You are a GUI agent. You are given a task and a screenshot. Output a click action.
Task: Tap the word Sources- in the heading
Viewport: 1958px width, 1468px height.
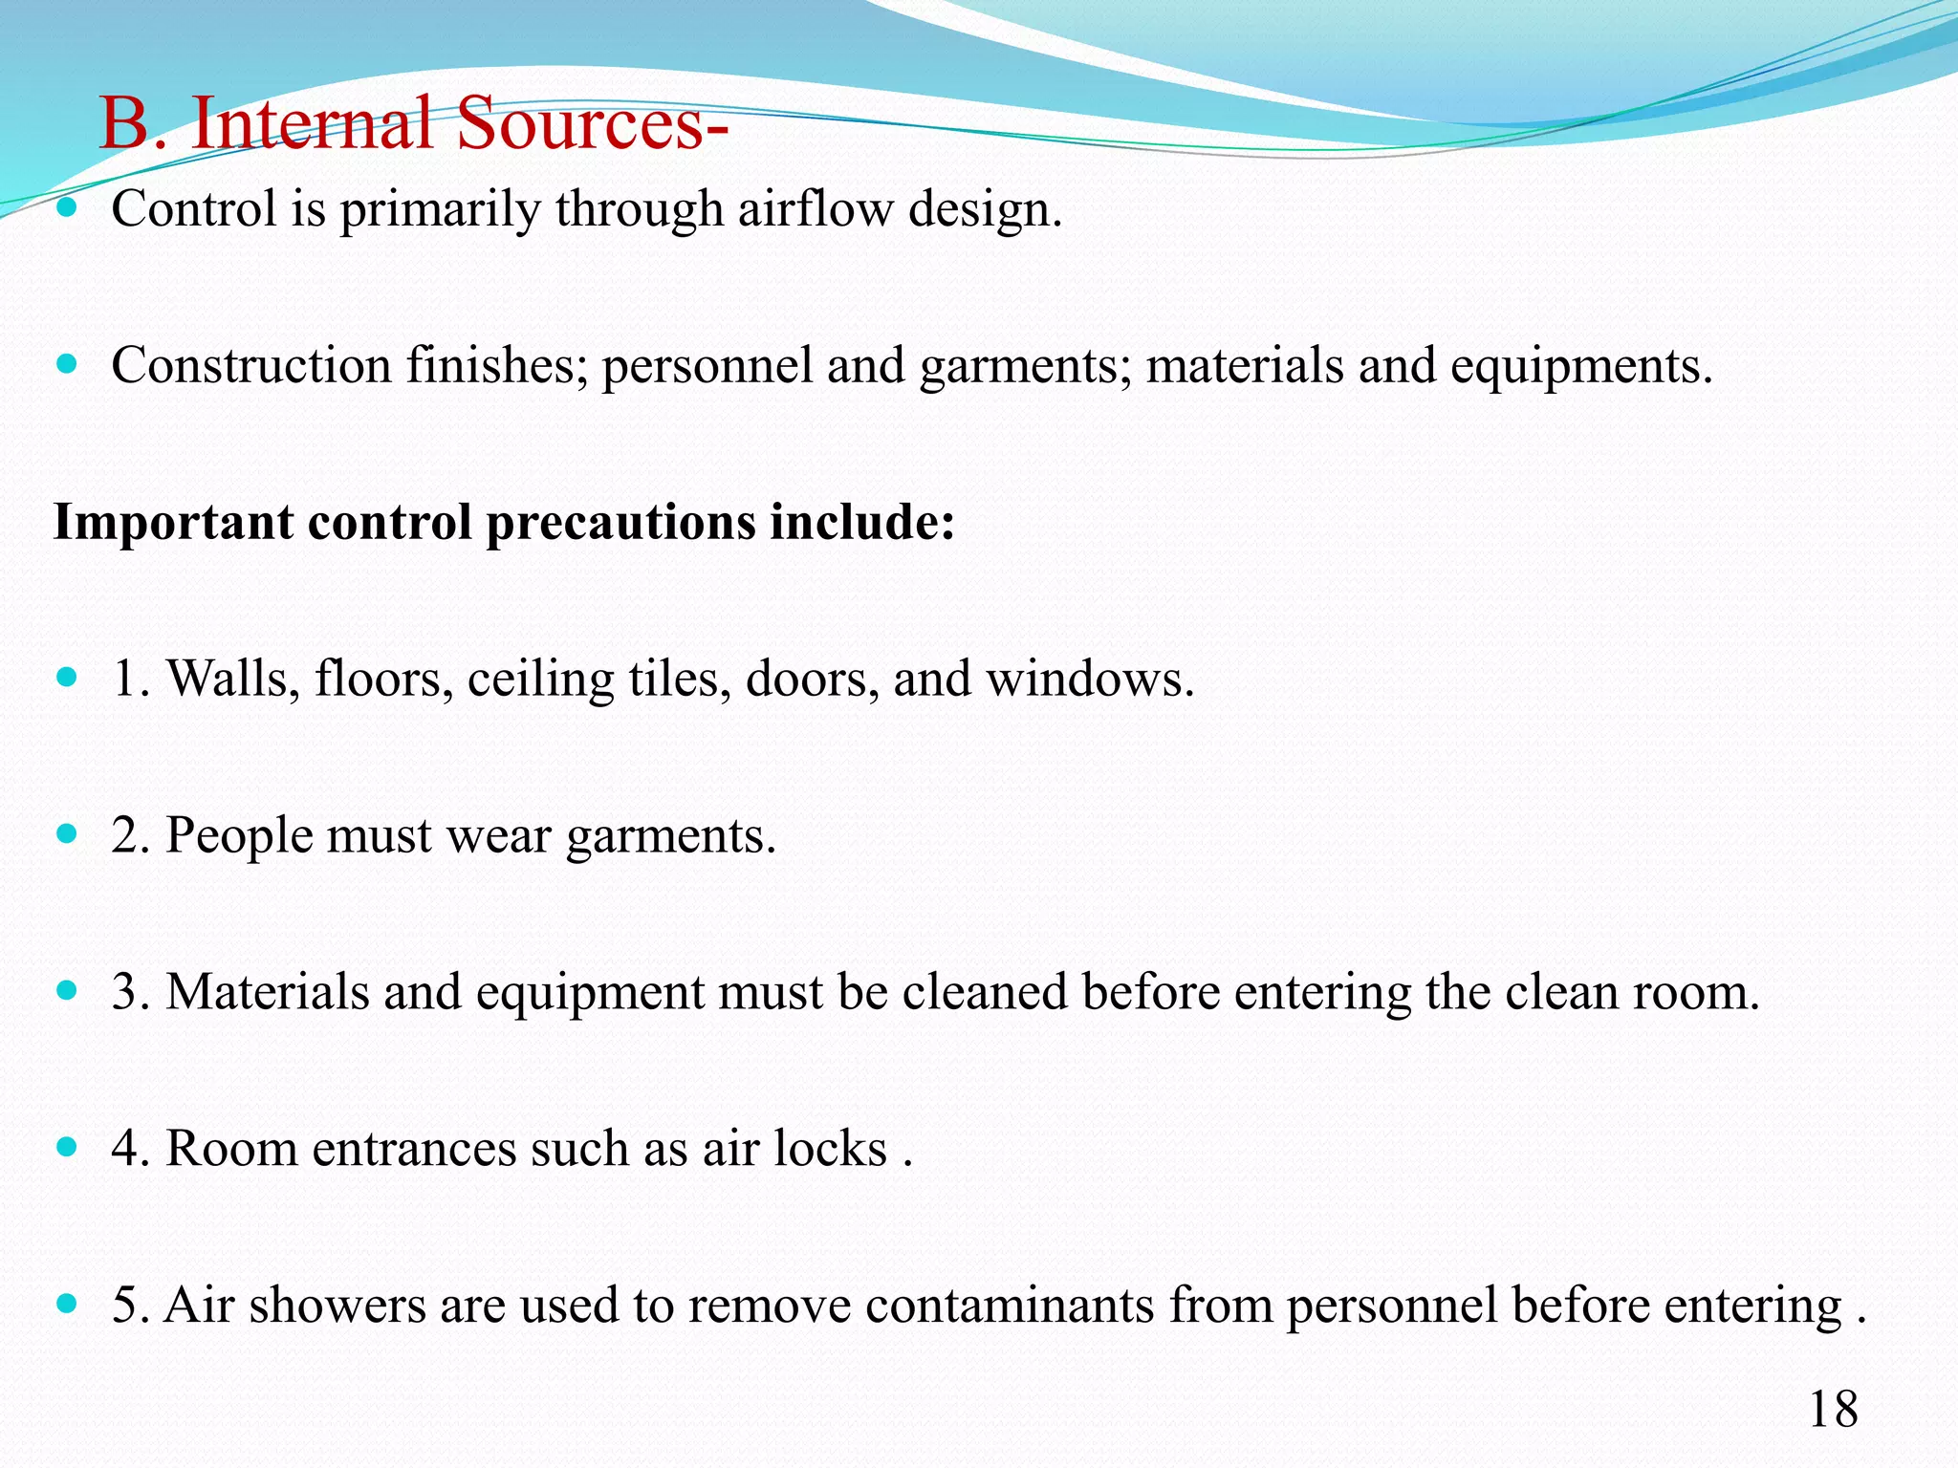click(x=592, y=123)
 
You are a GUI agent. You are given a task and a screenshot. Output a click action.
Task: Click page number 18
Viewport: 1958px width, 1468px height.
click(x=1833, y=1410)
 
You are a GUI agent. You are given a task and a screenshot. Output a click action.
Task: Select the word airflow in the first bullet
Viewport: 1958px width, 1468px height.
click(x=816, y=208)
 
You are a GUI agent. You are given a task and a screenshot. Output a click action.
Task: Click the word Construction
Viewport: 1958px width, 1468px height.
click(x=251, y=365)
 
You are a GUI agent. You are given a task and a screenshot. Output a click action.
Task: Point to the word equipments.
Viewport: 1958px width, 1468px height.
click(x=1580, y=367)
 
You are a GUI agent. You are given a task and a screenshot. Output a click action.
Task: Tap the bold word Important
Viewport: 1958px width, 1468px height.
click(x=173, y=523)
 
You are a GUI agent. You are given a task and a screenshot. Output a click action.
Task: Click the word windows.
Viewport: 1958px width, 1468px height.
click(x=1090, y=680)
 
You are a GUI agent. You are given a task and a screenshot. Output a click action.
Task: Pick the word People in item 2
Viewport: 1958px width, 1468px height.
click(x=239, y=835)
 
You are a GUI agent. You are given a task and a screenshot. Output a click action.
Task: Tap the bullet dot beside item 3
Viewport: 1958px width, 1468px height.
click(x=66, y=990)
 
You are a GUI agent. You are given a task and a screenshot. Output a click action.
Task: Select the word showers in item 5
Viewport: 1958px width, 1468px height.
click(x=337, y=1305)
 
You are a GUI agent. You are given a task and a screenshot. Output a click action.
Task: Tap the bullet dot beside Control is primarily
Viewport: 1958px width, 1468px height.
click(x=66, y=207)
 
